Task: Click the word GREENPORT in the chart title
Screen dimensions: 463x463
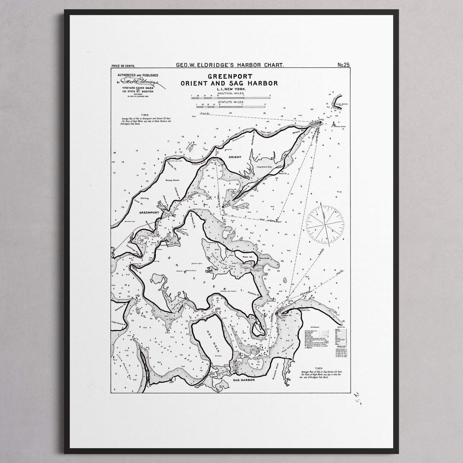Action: (230, 77)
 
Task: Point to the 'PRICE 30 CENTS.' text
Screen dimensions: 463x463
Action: (123, 66)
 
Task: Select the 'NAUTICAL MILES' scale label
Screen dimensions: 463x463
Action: (230, 93)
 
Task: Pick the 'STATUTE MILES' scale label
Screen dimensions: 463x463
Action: (230, 102)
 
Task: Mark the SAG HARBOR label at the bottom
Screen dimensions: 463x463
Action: (244, 380)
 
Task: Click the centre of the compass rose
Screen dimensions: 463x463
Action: (325, 225)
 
